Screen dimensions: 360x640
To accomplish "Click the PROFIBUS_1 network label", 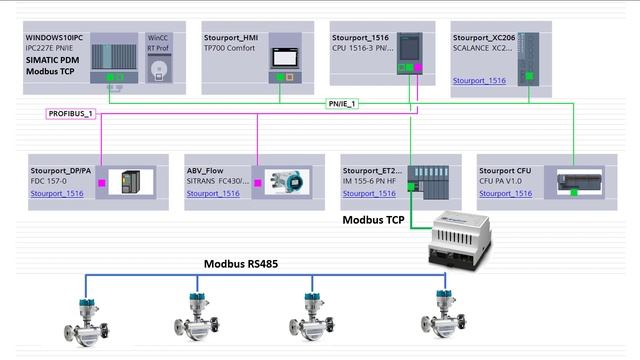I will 70,114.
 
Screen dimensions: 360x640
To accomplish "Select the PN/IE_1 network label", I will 342,103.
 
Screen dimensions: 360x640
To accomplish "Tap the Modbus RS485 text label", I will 242,264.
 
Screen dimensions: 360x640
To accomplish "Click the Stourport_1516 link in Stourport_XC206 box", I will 479,80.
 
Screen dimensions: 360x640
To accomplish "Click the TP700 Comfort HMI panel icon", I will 285,58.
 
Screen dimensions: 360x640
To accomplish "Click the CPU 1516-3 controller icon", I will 410,51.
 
